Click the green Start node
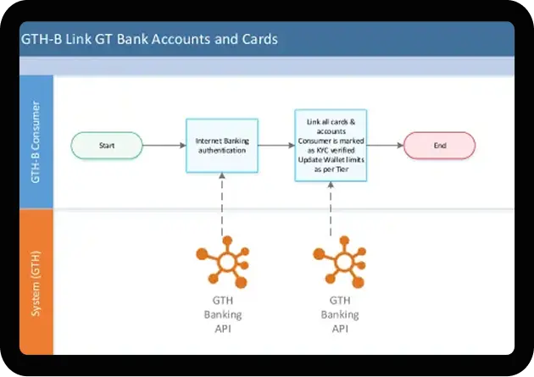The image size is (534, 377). tap(107, 145)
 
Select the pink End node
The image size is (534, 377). tap(440, 145)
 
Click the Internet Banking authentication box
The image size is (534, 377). tap(221, 145)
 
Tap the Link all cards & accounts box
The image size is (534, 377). tap(330, 145)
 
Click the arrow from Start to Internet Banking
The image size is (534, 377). tap(164, 145)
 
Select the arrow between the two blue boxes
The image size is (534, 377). tap(275, 145)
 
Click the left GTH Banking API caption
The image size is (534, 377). tap(221, 313)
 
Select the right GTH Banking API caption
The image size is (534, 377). tap(339, 313)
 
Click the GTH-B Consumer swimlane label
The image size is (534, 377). tap(36, 141)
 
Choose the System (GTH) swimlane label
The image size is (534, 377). tap(36, 282)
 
